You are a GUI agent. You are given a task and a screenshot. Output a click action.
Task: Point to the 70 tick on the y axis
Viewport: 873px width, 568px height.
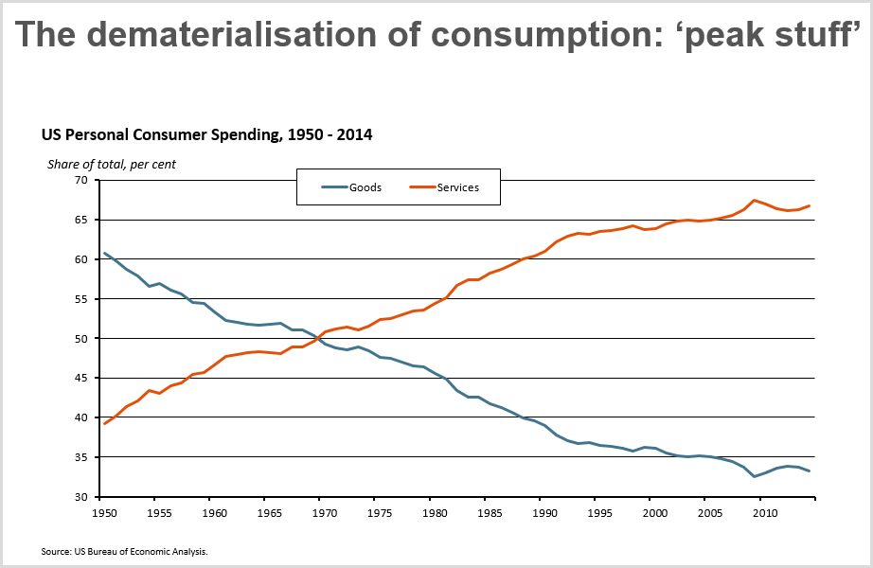[x=80, y=180]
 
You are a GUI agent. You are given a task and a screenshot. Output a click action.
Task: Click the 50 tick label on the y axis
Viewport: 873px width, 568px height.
[x=80, y=338]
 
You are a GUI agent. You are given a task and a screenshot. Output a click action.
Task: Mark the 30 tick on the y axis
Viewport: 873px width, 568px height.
[x=80, y=497]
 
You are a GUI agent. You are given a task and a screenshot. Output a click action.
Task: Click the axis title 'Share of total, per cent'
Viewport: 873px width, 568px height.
[x=112, y=164]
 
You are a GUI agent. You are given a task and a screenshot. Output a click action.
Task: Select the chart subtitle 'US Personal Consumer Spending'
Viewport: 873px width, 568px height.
[x=157, y=134]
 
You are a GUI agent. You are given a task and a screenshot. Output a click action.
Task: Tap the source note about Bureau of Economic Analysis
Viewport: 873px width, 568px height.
[x=124, y=551]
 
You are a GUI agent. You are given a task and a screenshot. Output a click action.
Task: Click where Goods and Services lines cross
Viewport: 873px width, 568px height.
[x=318, y=338]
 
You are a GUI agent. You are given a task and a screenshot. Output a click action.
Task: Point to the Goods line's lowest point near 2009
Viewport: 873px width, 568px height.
[x=754, y=476]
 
